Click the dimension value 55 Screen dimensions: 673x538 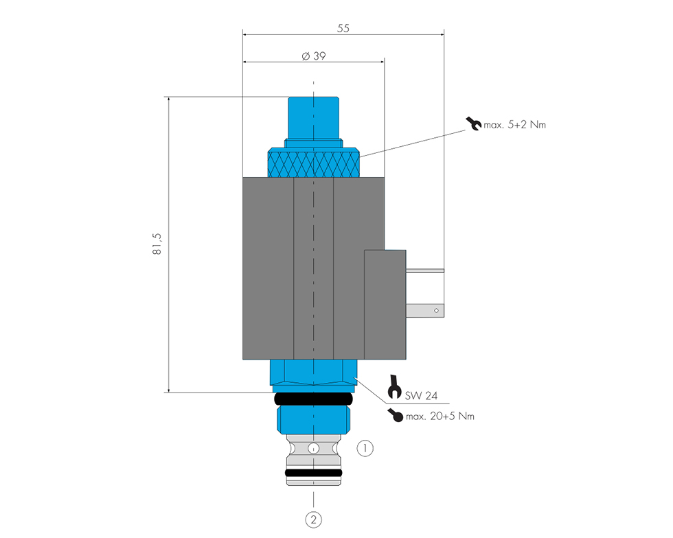point(343,28)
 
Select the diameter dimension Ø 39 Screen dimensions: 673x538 point(314,56)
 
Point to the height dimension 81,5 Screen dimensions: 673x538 point(157,244)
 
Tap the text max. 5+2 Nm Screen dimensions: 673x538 point(514,125)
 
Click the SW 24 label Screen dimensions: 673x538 point(421,395)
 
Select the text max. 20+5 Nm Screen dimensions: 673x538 point(440,416)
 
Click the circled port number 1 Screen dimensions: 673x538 point(365,448)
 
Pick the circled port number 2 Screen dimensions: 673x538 point(313,519)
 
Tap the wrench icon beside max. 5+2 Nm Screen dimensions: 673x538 point(473,124)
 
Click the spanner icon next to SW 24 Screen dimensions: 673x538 point(394,387)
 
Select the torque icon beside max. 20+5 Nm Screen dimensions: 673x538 point(396,415)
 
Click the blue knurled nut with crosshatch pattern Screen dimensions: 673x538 point(314,163)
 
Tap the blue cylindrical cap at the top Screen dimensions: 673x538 point(313,118)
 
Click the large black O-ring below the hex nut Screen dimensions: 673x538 point(313,399)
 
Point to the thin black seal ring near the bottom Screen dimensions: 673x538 point(314,473)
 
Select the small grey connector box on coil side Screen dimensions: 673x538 point(385,305)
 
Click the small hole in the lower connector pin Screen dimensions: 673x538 point(437,311)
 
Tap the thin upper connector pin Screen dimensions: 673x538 point(425,271)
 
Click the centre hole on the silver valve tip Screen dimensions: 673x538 point(314,449)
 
